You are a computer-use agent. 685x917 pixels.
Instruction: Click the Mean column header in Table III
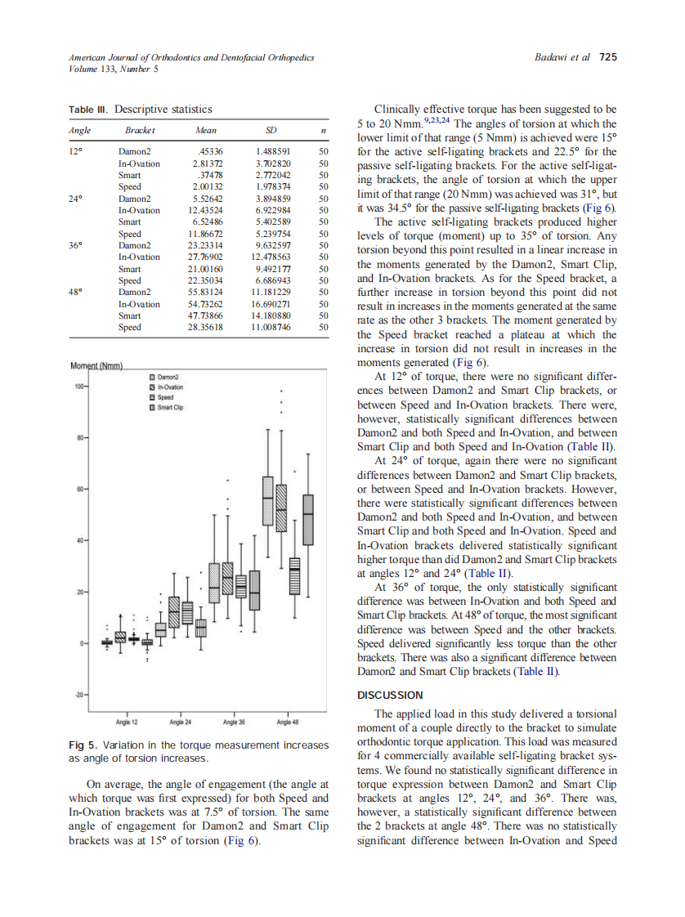pyautogui.click(x=206, y=131)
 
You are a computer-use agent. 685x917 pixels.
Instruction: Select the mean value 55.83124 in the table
pyautogui.click(x=208, y=292)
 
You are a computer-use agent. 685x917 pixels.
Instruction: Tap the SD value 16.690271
pyautogui.click(x=271, y=304)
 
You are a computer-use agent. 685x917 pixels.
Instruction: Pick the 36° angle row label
pyautogui.click(x=75, y=245)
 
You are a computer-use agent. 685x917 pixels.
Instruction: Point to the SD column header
pyautogui.click(x=271, y=131)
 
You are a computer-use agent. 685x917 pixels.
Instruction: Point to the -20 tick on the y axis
pyautogui.click(x=81, y=695)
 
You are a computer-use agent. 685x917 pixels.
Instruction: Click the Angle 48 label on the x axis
pyautogui.click(x=288, y=722)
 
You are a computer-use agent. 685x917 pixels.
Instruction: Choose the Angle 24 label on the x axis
pyautogui.click(x=180, y=722)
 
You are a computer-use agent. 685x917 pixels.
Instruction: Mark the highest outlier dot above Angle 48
pyautogui.click(x=282, y=390)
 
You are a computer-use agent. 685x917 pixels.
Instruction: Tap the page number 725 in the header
pyautogui.click(x=608, y=57)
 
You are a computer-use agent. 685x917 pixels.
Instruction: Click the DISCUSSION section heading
pyautogui.click(x=390, y=695)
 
